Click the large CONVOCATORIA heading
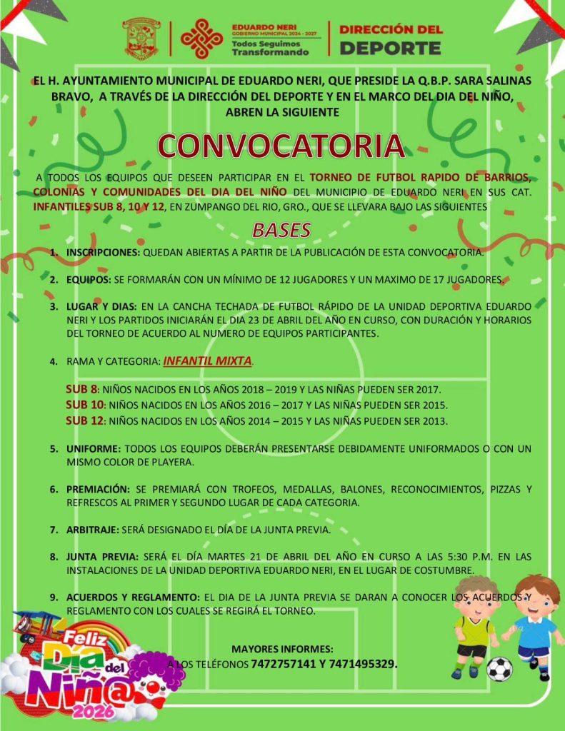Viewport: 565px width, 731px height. [281, 145]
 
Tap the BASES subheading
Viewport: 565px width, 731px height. [281, 230]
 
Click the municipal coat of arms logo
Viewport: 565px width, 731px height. [141, 39]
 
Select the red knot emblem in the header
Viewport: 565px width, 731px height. [201, 39]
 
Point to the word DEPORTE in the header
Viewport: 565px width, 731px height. [389, 49]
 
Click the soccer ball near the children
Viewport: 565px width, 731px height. [499, 669]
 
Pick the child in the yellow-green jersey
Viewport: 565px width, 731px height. [474, 625]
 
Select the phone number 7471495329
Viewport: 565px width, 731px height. [361, 664]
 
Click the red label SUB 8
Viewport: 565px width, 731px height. [81, 390]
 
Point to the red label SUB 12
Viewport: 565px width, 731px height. [84, 420]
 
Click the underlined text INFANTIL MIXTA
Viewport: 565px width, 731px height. [207, 361]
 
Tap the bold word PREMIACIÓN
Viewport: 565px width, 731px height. [99, 489]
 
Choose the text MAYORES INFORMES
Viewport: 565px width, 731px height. [282, 649]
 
